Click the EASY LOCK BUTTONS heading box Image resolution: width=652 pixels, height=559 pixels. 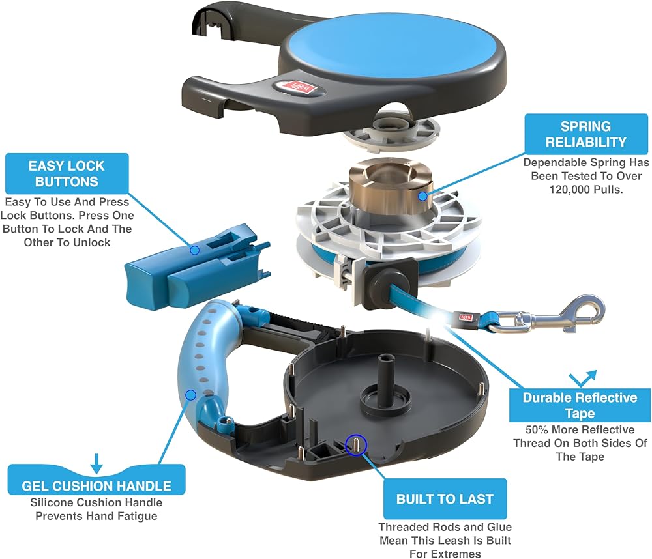67,174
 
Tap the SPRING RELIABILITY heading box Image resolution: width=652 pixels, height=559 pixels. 586,134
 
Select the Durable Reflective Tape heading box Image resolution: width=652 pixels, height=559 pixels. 580,405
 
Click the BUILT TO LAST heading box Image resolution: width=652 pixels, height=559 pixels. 445,499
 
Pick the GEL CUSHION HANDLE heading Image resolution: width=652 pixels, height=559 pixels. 96,486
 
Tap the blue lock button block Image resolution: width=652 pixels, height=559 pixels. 196,268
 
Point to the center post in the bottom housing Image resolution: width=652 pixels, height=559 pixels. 385,382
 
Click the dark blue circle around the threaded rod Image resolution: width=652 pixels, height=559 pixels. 356,445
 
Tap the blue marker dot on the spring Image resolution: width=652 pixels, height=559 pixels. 422,195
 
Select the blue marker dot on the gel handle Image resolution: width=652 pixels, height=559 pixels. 190,395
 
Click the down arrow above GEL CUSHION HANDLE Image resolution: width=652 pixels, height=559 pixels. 96,463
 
